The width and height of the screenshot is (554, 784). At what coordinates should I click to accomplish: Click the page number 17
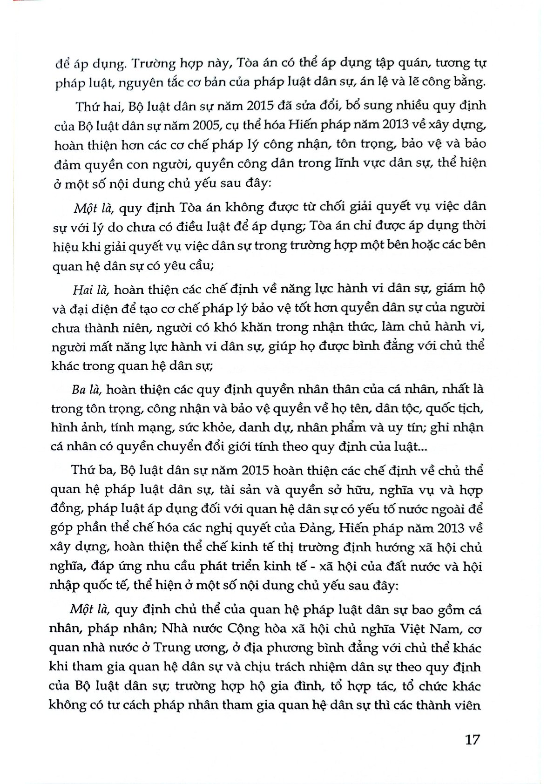(x=472, y=739)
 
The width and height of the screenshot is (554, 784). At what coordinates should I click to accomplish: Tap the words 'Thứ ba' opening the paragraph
(x=91, y=470)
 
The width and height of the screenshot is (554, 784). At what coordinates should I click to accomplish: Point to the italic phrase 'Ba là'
(x=84, y=389)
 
